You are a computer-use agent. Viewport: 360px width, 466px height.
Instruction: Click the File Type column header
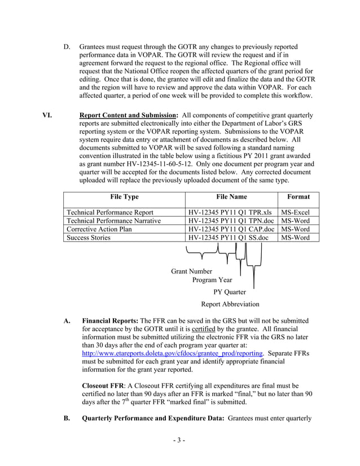pos(124,197)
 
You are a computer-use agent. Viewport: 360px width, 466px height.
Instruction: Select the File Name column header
pos(231,197)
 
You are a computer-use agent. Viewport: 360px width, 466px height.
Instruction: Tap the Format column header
pos(298,197)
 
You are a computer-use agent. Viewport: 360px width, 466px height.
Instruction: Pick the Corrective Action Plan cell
pos(99,229)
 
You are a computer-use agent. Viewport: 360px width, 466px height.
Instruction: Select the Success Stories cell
pos(89,238)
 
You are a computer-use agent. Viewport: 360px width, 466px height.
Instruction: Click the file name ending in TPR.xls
pos(231,212)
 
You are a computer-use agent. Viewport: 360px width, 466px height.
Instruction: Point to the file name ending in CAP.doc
pos(231,229)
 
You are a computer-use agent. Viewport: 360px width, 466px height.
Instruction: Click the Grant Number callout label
pos(192,271)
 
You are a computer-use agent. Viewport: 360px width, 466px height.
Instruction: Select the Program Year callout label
pos(212,280)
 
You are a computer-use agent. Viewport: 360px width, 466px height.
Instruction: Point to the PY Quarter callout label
pos(230,292)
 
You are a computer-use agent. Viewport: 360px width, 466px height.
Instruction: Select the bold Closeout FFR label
pos(105,385)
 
